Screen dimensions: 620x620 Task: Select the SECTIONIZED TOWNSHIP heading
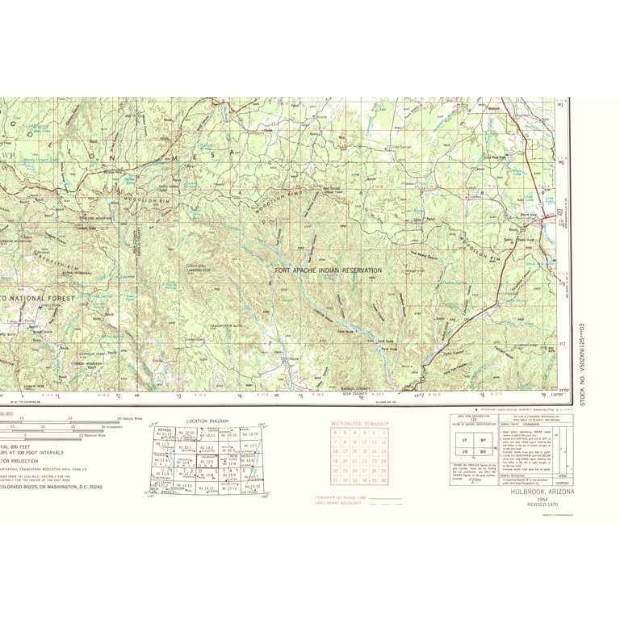359,424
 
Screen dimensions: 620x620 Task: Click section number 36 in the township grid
384,480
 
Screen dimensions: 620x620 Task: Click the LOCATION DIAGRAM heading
207,421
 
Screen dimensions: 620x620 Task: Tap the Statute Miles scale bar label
128,419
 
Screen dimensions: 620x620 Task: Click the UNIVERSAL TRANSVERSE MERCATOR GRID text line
48,471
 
